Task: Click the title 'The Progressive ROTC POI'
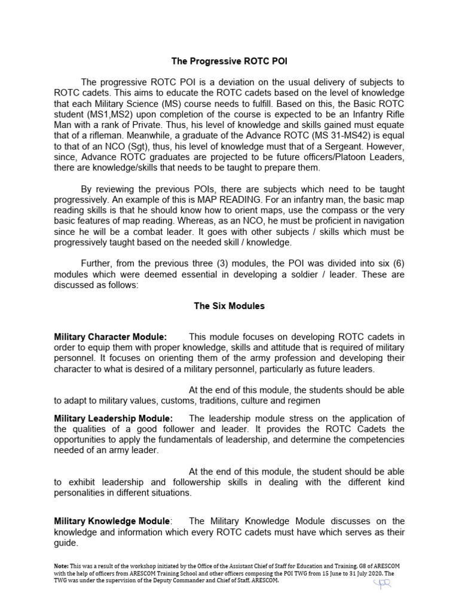point(229,62)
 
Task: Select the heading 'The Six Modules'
point(229,305)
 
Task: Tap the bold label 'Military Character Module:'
point(111,338)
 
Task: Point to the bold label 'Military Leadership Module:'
point(114,418)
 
